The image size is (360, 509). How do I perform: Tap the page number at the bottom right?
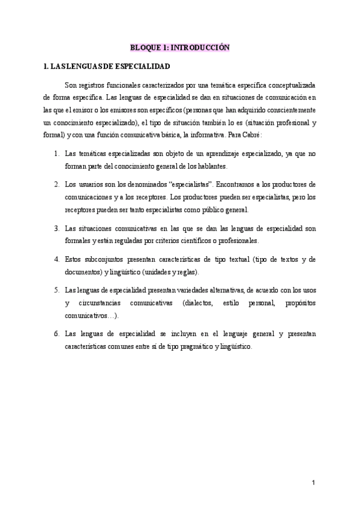313,483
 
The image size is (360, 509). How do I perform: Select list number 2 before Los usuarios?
56,183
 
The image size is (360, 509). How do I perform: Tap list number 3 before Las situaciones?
56,229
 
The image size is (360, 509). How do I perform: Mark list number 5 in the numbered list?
56,290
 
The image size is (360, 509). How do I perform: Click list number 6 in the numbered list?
56,333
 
